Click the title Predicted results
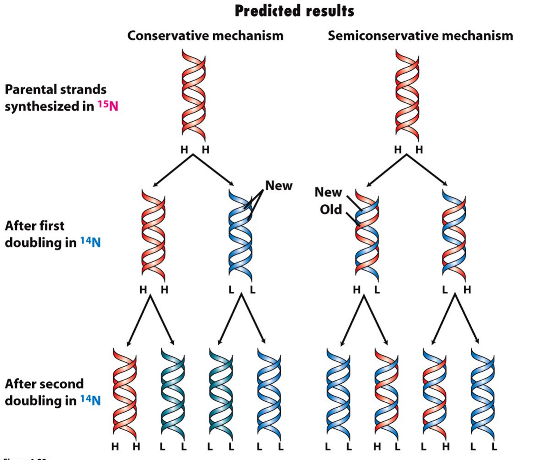(294, 11)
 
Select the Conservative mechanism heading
(205, 36)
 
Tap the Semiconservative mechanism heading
(420, 36)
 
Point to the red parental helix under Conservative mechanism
(194, 96)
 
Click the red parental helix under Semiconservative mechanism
(407, 96)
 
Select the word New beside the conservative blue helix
(278, 186)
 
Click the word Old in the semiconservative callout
(331, 210)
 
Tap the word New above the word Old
(328, 192)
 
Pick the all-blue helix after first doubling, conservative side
(240, 235)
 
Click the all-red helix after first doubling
(153, 235)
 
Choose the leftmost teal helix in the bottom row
(173, 395)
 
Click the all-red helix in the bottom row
(125, 395)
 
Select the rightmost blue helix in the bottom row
(482, 395)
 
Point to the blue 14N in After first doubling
(90, 242)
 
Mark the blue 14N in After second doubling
(90, 400)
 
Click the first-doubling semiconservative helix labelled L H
(454, 235)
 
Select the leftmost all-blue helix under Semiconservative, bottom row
(338, 395)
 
